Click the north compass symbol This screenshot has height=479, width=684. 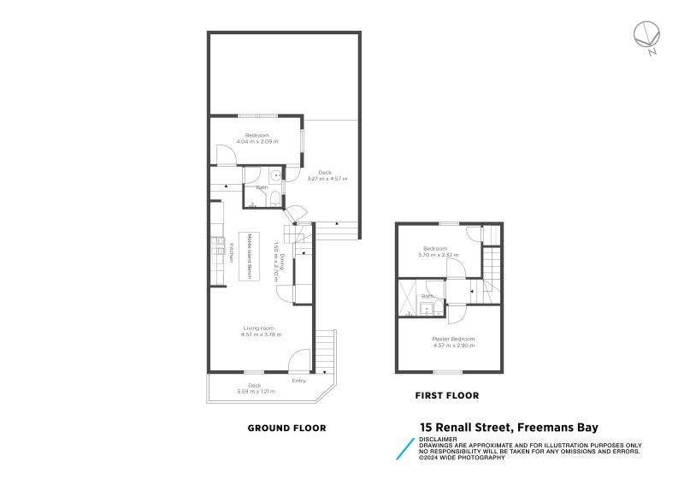tap(646, 37)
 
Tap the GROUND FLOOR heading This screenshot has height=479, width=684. tap(286, 428)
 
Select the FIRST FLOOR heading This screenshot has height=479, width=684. tap(446, 396)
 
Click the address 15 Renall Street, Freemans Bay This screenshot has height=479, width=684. tap(508, 428)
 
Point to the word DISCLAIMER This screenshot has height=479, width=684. tap(438, 440)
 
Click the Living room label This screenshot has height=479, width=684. tap(257, 328)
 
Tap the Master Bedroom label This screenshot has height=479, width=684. tap(454, 339)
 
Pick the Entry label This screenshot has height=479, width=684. tap(298, 381)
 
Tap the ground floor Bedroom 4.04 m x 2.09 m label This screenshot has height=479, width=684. tap(256, 138)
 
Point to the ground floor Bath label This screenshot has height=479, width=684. tap(262, 187)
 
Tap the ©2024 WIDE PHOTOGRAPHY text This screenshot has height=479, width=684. tap(461, 458)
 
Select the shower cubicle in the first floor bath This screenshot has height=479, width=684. tap(407, 296)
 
